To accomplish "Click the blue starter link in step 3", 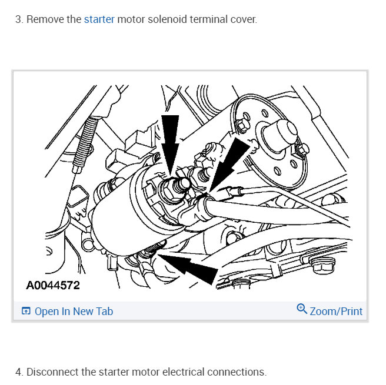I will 99,19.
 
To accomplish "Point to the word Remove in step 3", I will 45,19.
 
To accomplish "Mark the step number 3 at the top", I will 18,19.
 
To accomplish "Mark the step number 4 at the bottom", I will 18,372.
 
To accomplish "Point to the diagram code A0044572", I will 53,286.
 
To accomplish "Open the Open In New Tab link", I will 74,312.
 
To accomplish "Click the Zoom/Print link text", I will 336,312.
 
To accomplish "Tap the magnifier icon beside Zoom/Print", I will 302,309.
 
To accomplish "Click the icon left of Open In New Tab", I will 26,312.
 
